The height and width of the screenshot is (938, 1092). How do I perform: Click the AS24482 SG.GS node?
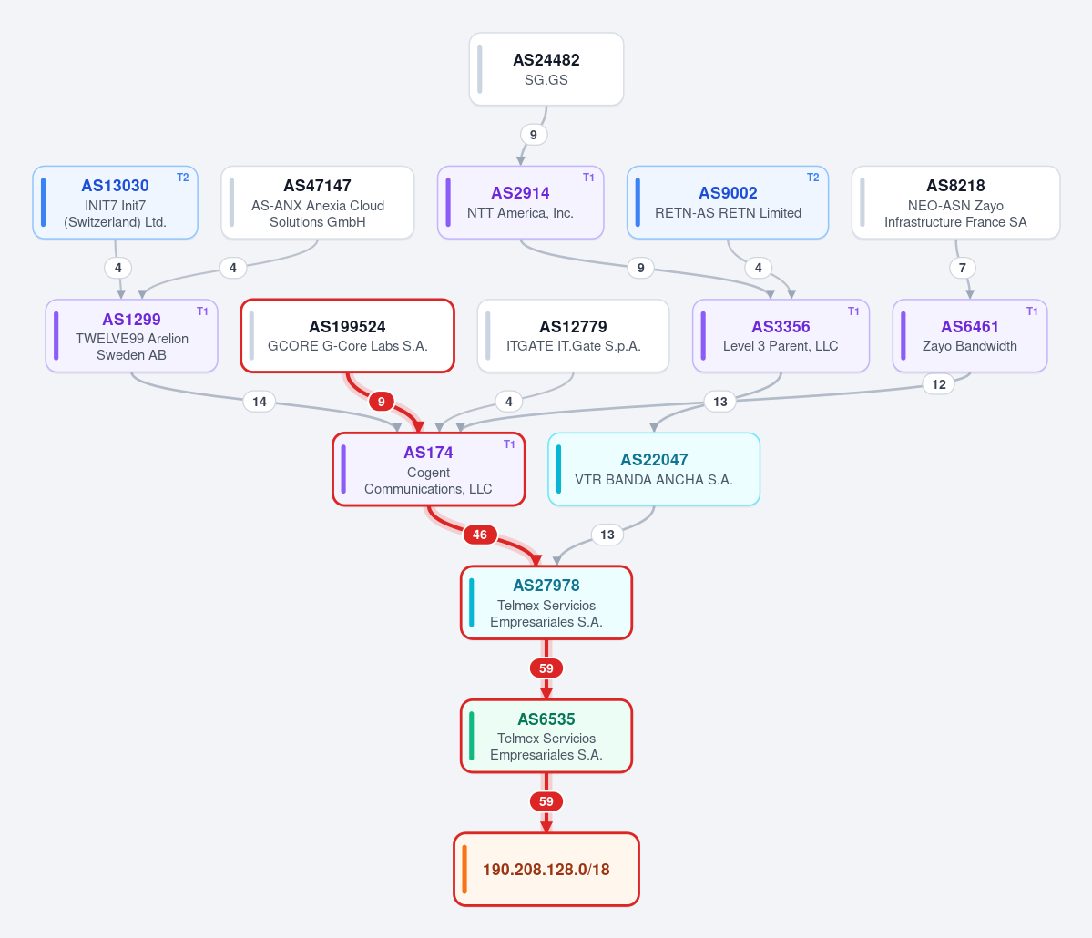tap(546, 69)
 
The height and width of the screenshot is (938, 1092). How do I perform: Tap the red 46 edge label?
tap(480, 535)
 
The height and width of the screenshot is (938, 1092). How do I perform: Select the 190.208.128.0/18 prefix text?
tap(546, 870)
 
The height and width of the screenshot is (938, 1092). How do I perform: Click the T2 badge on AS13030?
tap(182, 178)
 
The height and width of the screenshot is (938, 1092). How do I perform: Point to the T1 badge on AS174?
tap(509, 444)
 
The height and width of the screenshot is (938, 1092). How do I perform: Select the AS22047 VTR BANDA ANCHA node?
tap(654, 469)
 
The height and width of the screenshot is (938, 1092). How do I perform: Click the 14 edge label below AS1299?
tap(259, 402)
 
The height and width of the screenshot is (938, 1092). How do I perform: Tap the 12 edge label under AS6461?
tap(939, 384)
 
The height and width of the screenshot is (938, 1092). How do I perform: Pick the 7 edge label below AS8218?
tap(963, 268)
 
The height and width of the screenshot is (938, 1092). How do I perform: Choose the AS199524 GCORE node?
tap(348, 336)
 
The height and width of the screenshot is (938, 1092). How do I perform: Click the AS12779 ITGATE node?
tap(573, 336)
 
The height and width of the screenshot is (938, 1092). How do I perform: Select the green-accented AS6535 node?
tap(546, 736)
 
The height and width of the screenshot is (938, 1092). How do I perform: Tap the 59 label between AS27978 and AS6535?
tap(546, 668)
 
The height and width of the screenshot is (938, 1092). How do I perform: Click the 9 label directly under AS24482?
tap(534, 135)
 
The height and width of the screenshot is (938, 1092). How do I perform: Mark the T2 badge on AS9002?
tap(812, 178)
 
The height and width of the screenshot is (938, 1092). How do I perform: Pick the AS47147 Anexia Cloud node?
tap(318, 203)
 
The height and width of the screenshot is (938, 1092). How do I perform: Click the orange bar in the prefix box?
tap(464, 869)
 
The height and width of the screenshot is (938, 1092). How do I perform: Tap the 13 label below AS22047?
tap(607, 535)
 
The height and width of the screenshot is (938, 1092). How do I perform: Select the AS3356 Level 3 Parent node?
tap(781, 336)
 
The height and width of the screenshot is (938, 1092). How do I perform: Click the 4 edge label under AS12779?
tap(509, 402)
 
